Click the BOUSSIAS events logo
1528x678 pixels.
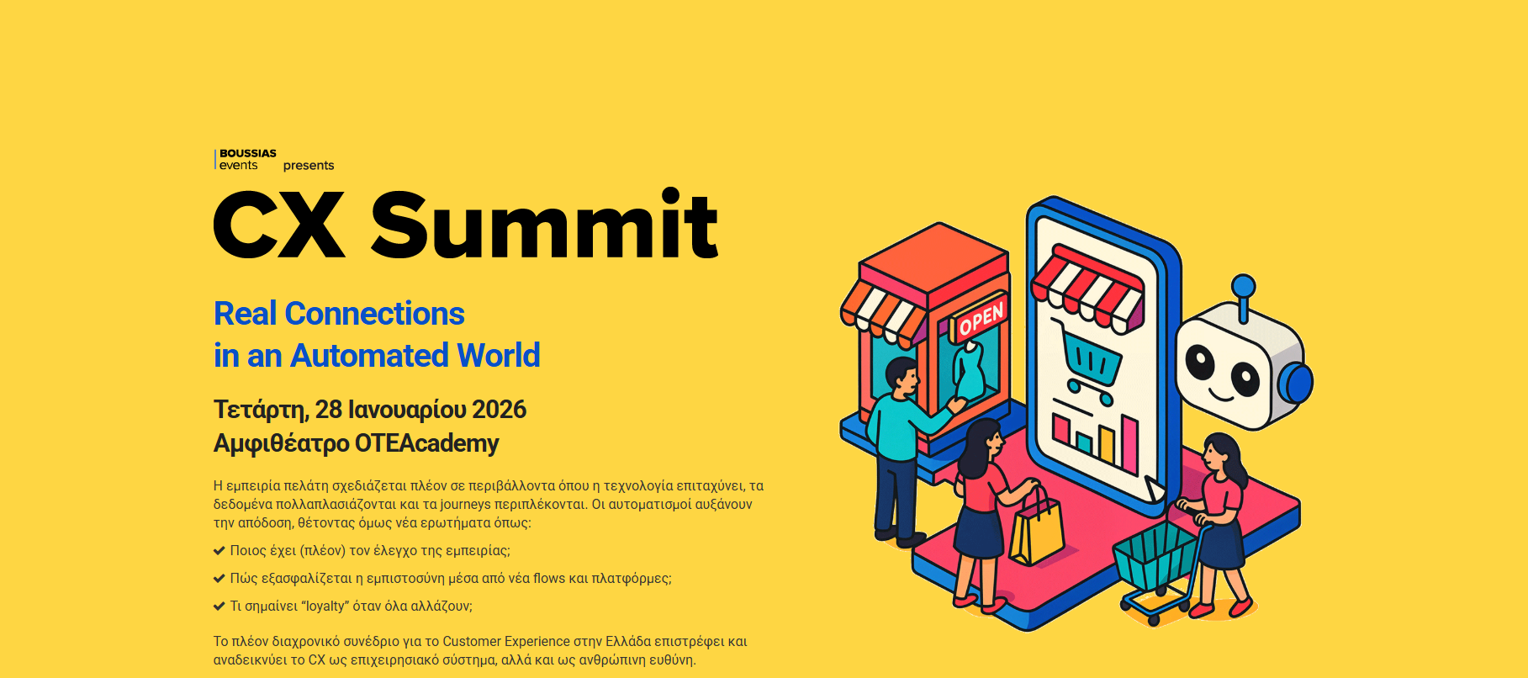point(246,160)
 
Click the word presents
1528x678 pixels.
point(309,166)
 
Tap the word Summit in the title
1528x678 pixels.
point(544,224)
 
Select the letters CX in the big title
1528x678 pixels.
point(279,225)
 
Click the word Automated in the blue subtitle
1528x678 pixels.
point(370,356)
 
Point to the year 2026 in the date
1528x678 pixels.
point(500,410)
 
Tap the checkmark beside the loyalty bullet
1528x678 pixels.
point(219,606)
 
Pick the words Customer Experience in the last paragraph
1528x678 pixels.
point(506,642)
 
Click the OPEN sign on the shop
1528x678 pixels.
point(981,318)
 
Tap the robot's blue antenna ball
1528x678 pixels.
point(1243,286)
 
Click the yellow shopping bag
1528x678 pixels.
point(1036,527)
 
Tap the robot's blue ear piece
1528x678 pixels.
point(1296,384)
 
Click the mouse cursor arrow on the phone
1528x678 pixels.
point(1154,489)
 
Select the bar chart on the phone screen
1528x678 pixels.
point(1095,437)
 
